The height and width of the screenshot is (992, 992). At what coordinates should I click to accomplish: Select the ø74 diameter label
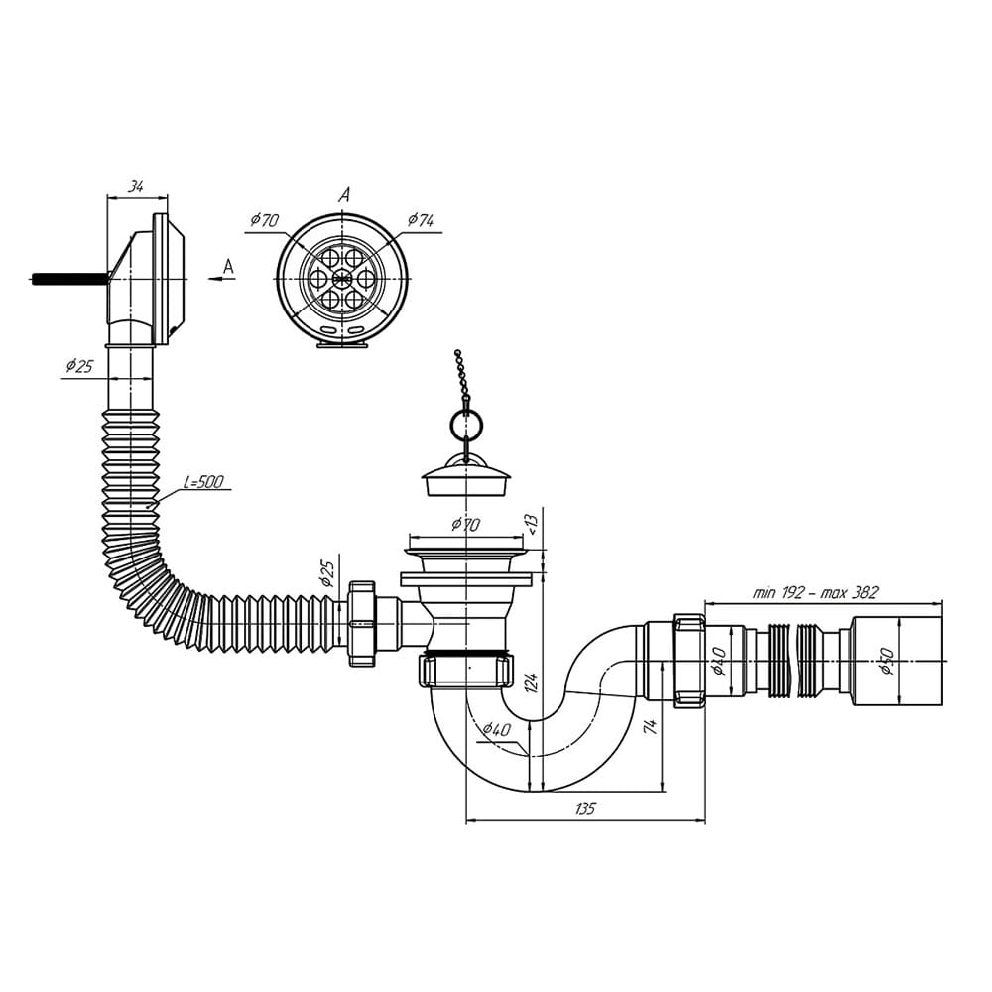pos(421,220)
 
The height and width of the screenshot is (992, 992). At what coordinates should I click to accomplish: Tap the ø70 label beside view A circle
pos(265,219)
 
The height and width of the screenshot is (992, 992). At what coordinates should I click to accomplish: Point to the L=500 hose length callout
pos(203,482)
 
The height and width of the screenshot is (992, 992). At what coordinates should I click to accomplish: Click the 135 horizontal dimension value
pos(584,809)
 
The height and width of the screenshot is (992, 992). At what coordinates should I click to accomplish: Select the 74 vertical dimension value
pos(651,726)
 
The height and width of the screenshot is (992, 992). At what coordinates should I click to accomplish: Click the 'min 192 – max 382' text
pos(815,592)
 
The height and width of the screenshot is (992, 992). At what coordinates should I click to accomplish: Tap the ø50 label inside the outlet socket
pos(887,661)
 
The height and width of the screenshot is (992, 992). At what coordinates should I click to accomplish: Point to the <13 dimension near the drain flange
pos(532,523)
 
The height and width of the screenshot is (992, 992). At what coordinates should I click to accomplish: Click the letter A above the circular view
pos(344,195)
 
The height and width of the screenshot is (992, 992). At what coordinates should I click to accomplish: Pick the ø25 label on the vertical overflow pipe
pos(79,366)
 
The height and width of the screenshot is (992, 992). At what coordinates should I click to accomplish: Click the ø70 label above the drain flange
pos(464,524)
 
